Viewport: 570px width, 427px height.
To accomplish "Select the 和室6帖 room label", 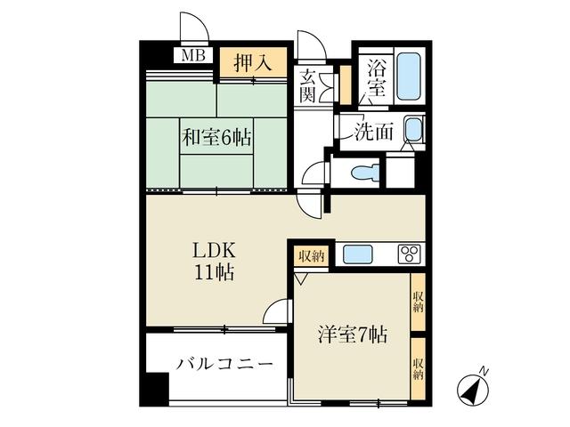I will pyautogui.click(x=216, y=138).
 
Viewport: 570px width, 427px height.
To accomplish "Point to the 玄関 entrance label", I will pyautogui.click(x=309, y=85).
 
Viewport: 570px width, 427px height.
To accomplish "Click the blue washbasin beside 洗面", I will pyautogui.click(x=413, y=133).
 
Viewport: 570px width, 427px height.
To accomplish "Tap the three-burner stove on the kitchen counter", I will pyautogui.click(x=409, y=254).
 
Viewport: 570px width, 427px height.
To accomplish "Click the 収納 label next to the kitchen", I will pyautogui.click(x=310, y=255).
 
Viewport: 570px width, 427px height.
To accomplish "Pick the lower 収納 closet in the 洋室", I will pyautogui.click(x=417, y=368).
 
